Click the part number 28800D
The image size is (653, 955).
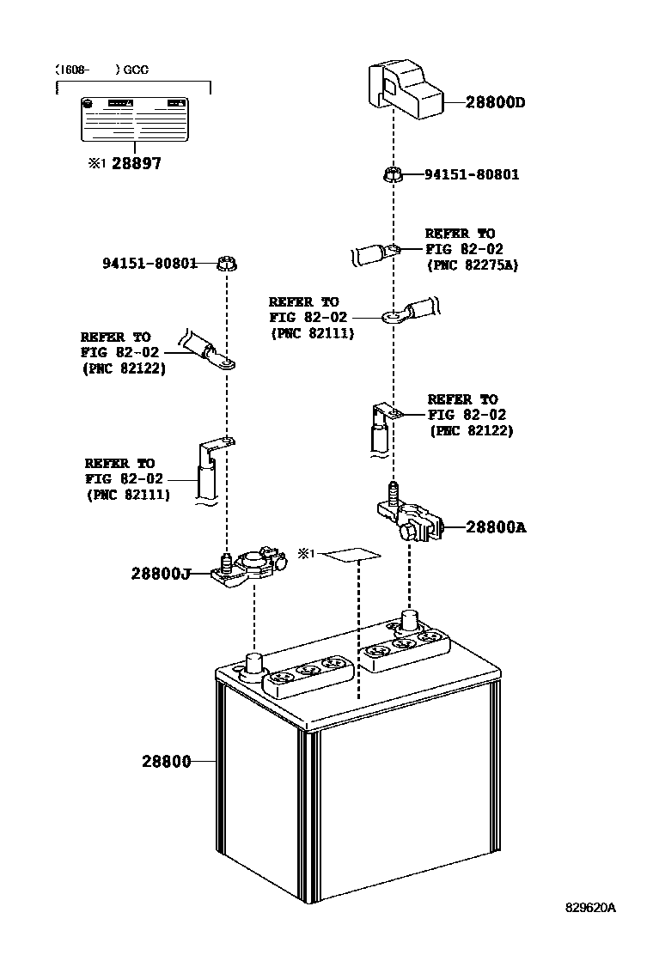click(495, 103)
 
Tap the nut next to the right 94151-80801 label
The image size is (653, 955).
click(392, 175)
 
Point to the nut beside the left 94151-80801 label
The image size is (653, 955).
click(226, 264)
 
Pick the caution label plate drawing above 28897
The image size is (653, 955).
click(133, 119)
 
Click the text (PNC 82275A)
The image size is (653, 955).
click(473, 265)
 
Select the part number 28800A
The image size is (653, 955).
click(496, 527)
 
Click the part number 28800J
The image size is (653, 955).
click(160, 573)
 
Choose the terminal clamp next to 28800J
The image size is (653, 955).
click(249, 568)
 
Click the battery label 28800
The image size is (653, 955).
click(166, 761)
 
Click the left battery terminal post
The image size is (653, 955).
click(254, 663)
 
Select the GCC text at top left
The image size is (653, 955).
click(135, 70)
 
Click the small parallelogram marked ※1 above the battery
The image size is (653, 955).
click(352, 554)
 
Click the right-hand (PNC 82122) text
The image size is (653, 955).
click(471, 431)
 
